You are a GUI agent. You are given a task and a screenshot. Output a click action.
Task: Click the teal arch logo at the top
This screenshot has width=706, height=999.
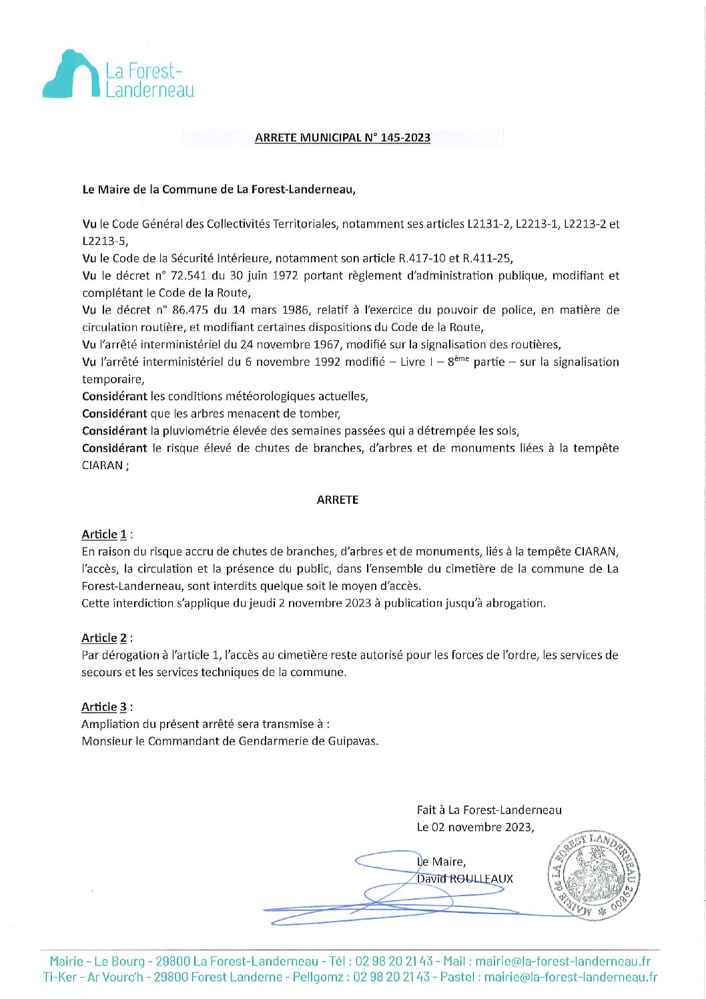click(71, 75)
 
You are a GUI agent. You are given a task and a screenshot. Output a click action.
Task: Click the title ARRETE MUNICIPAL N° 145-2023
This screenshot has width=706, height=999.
click(342, 138)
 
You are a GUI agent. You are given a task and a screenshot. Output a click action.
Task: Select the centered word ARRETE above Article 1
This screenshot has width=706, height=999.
click(338, 500)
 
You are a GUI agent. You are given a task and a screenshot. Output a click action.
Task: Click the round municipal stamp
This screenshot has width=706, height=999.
click(593, 876)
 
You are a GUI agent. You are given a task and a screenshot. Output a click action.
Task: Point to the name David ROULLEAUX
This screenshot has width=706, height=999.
click(465, 879)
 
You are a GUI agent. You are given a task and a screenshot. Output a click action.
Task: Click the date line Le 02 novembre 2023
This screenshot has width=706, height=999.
click(475, 827)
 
